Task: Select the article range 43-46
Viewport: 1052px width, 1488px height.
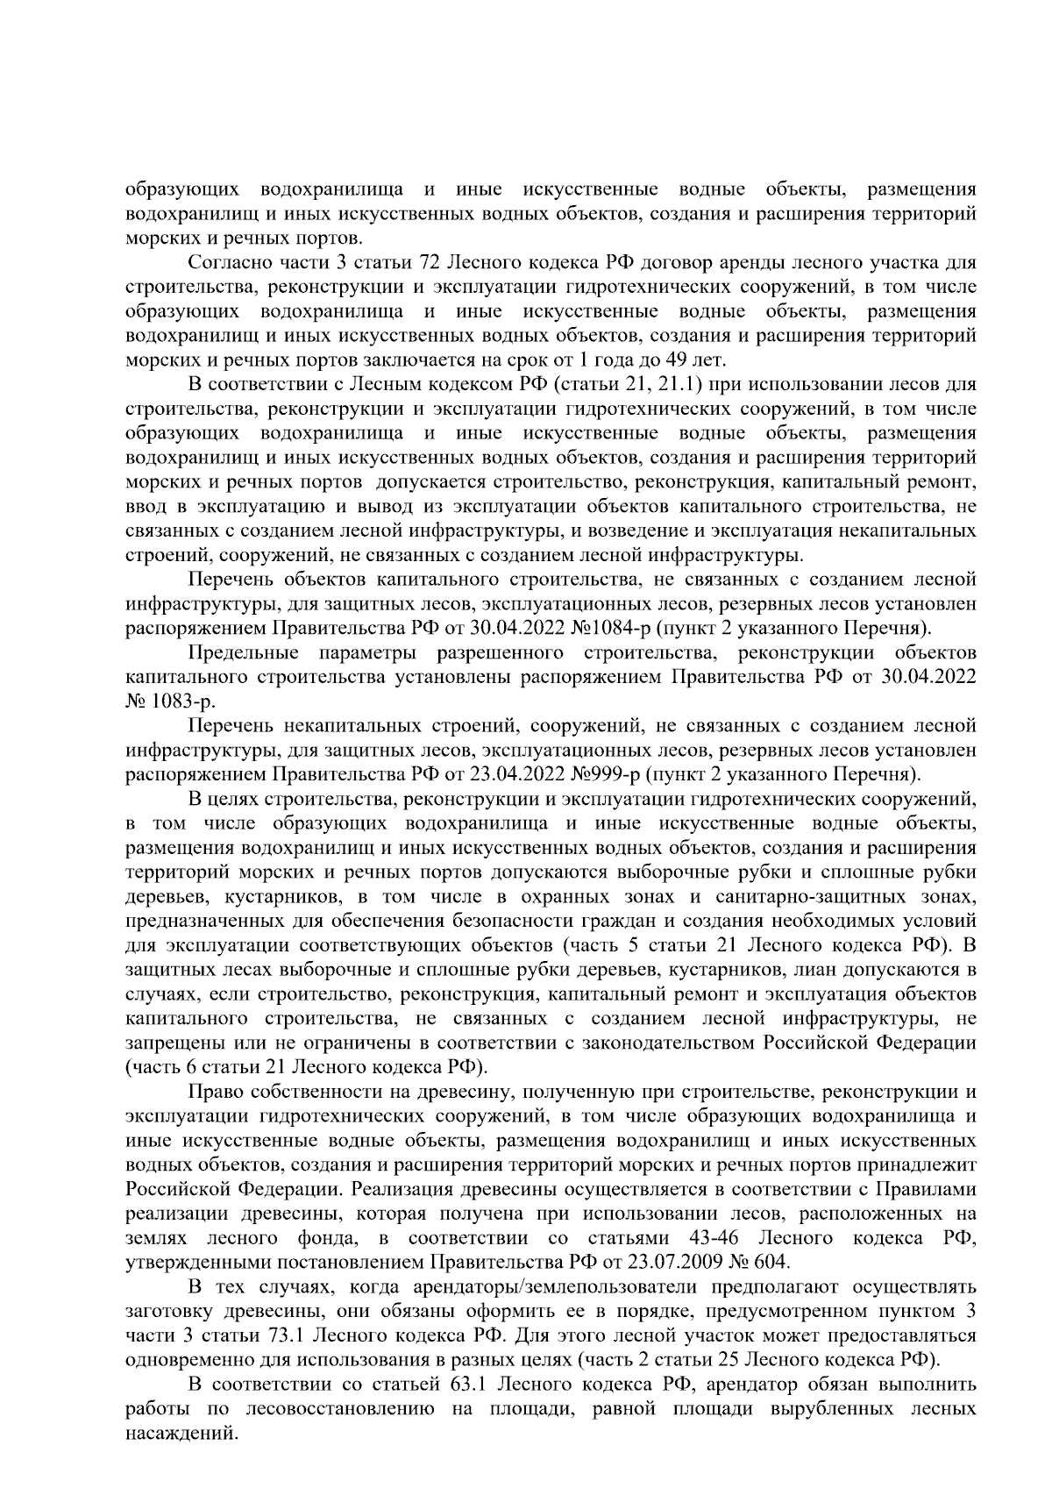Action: point(715,1238)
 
